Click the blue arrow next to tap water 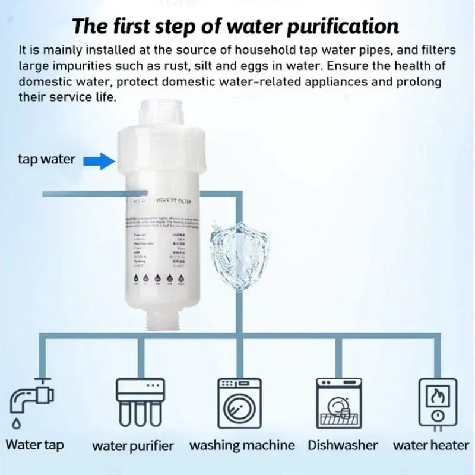pos(99,160)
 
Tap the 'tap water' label pos(46,159)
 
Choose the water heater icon pos(438,401)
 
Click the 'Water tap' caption pos(34,444)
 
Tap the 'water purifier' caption pos(132,445)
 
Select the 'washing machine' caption pos(242,445)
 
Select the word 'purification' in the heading pos(341,27)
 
